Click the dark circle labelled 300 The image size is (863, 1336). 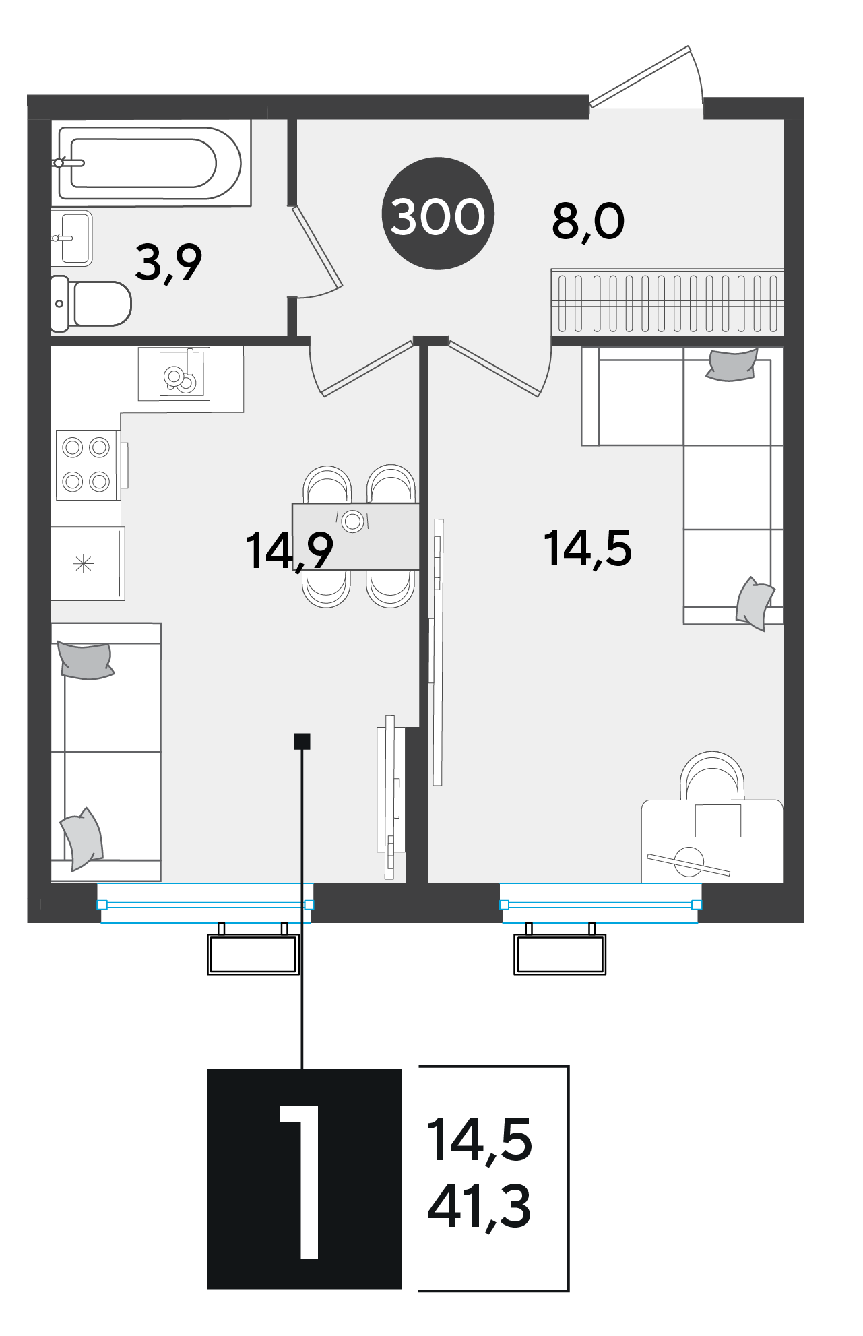[438, 214]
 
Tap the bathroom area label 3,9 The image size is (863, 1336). [168, 263]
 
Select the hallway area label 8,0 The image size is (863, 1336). [588, 222]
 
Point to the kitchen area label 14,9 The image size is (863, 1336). [289, 551]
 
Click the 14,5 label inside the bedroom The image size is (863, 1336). [587, 548]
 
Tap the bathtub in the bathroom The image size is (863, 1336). [150, 163]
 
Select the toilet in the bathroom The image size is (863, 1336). [91, 303]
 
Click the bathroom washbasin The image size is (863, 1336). [72, 238]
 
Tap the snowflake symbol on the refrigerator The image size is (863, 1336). [83, 563]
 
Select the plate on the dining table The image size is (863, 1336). [353, 521]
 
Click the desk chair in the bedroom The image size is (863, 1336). [712, 775]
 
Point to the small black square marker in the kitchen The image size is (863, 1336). [302, 741]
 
